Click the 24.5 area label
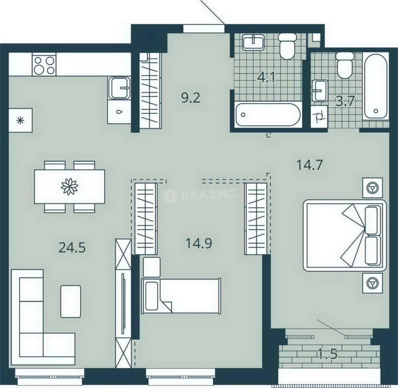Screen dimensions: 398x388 [72, 248]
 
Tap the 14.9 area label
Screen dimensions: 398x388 [199, 243]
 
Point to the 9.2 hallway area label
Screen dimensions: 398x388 [191, 98]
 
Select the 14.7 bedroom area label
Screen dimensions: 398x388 [309, 165]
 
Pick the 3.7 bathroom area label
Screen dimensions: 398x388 [345, 102]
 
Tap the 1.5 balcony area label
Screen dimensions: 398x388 [327, 354]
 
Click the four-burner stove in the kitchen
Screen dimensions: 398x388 [44, 65]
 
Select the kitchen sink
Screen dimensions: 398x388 [119, 88]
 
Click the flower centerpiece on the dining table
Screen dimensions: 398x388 [69, 186]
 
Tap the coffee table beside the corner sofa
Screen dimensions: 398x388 [71, 301]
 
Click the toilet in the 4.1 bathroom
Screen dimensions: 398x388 [287, 46]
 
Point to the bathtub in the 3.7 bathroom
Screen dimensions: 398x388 [376, 86]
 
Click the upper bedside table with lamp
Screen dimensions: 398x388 [373, 188]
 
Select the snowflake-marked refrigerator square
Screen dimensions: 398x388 [20, 120]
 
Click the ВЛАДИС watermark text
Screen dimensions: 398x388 [208, 194]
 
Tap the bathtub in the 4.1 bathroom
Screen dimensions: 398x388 [268, 115]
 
